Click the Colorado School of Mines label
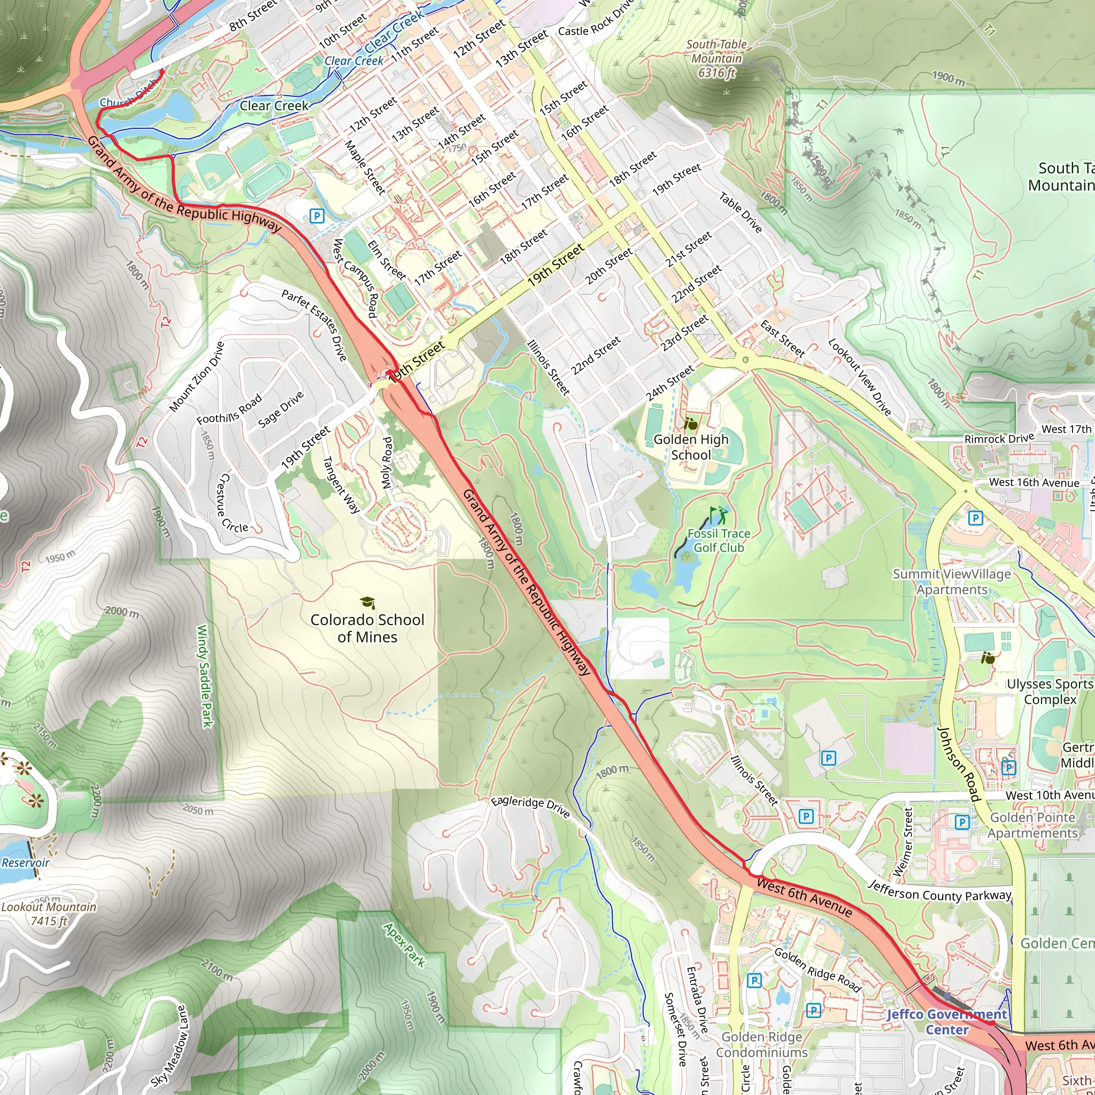pos(367,628)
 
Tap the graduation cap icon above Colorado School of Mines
pos(367,603)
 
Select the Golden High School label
pos(690,446)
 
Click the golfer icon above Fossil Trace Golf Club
pos(718,515)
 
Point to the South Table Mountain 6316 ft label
pos(716,58)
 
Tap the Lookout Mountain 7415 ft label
pos(49,914)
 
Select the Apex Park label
pos(404,944)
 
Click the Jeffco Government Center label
pos(946,1021)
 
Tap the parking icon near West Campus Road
pos(317,216)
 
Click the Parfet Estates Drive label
pos(314,325)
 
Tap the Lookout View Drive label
pos(859,377)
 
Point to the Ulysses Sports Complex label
pos(1050,691)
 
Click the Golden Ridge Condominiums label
pos(761,1044)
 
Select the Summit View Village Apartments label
pos(952,582)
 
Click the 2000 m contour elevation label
pos(122,612)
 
